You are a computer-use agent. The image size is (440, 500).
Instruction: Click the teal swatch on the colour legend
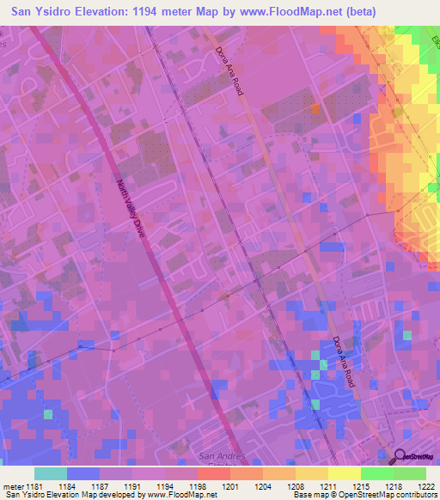pyautogui.click(x=51, y=474)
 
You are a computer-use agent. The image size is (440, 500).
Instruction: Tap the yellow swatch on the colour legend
pyautogui.click(x=344, y=474)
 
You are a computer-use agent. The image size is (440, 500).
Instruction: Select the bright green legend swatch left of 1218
pyautogui.click(x=376, y=474)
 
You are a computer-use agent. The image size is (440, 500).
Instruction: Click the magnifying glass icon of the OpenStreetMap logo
pyautogui.click(x=399, y=458)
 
